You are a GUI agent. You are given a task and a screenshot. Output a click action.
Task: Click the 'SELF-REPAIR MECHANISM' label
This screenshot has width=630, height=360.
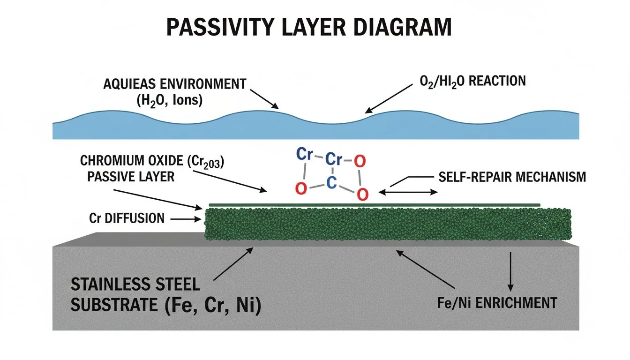[512, 177]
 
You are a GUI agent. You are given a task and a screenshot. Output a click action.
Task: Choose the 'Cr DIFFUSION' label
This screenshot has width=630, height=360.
[127, 218]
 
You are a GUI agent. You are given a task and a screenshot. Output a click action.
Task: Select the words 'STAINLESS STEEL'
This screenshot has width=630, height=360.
[135, 284]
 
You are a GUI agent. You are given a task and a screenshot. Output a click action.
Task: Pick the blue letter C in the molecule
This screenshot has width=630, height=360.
[331, 183]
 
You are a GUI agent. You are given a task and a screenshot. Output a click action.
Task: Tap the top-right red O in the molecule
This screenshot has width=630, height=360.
[359, 161]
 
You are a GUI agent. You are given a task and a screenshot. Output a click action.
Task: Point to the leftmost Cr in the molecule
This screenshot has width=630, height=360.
[305, 155]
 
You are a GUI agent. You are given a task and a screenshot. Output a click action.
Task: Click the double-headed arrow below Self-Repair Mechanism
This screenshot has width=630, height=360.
[408, 192]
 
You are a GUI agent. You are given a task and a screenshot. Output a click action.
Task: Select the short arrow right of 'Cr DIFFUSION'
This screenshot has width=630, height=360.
[186, 218]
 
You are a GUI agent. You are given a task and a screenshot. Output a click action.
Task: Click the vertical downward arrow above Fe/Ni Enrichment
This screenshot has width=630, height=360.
[511, 271]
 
